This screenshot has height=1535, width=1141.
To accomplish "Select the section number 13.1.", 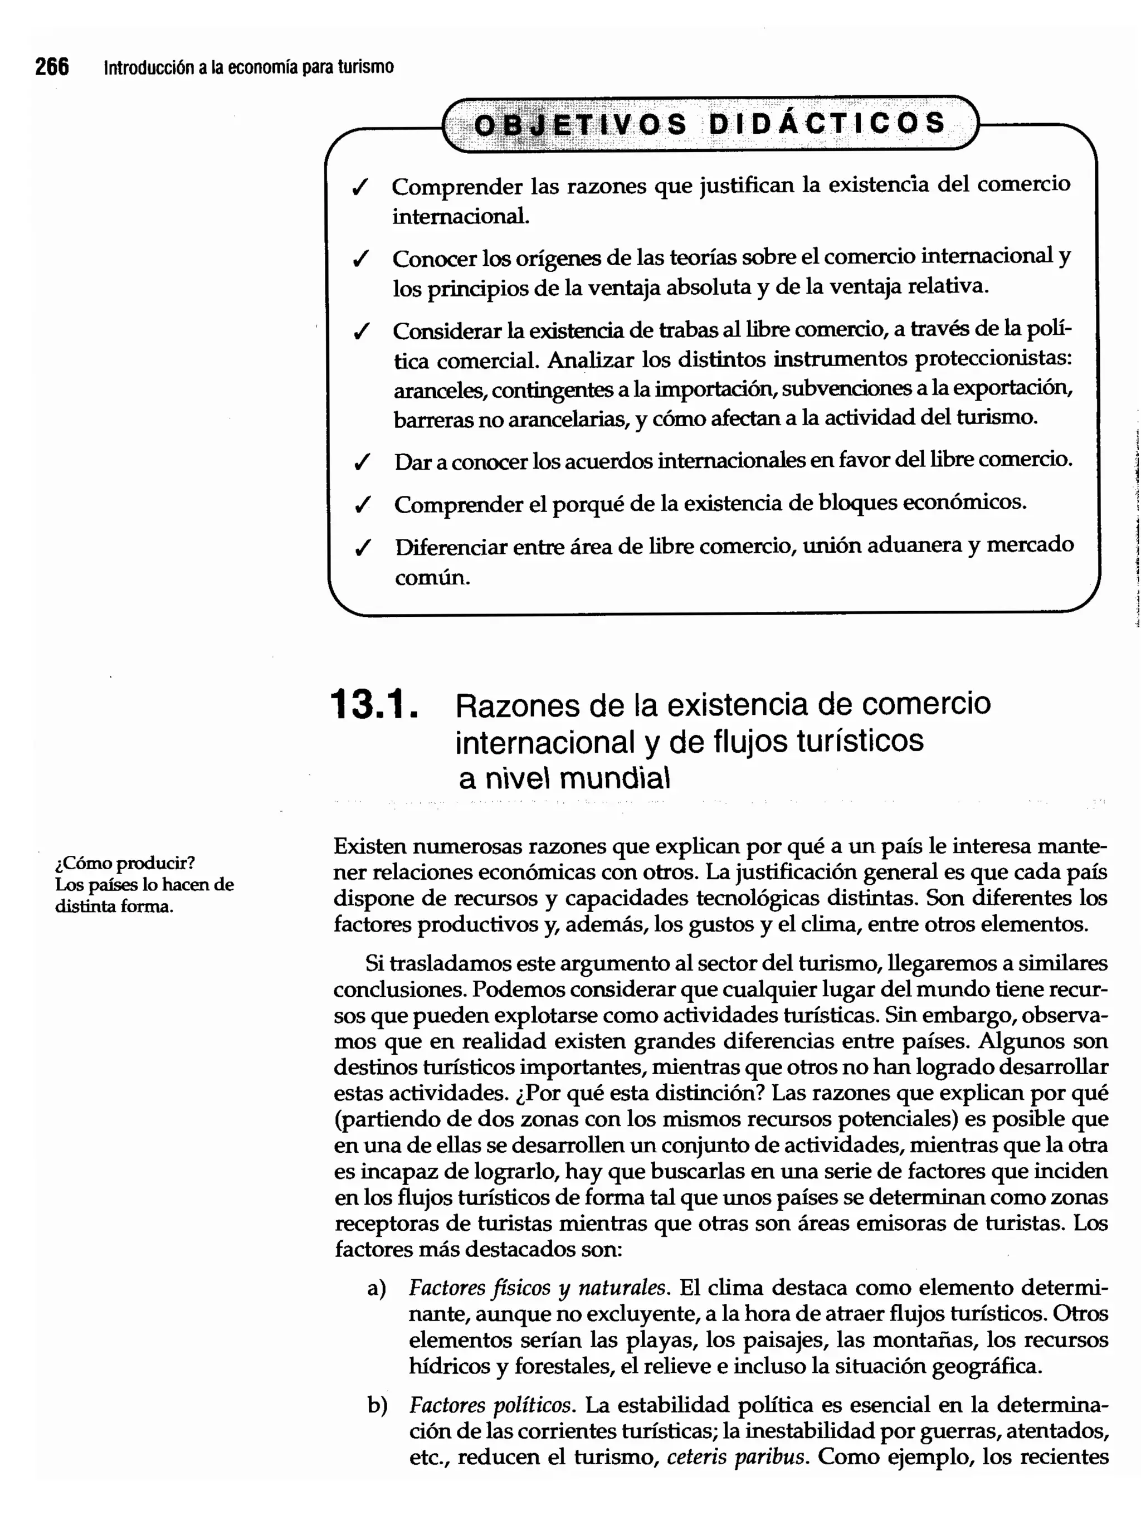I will [x=374, y=705].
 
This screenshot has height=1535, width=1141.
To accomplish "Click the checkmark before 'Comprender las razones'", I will [x=360, y=187].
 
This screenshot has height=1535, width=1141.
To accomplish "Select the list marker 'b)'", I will [x=377, y=1405].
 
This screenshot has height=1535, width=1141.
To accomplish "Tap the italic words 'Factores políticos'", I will [x=490, y=1405].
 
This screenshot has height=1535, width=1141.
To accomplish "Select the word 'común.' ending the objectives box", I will [x=432, y=578].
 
